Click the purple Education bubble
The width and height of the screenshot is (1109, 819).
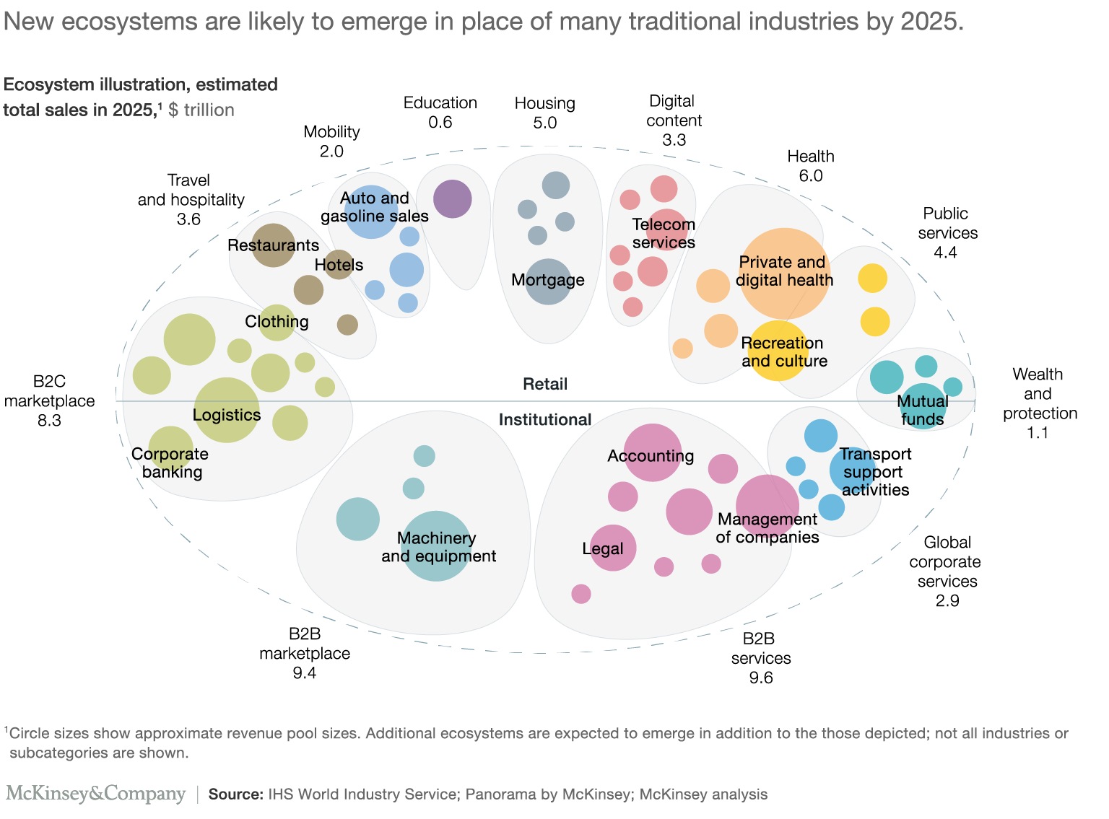point(453,198)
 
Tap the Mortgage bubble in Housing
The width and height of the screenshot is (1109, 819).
point(549,281)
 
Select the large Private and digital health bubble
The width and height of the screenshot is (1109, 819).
point(783,273)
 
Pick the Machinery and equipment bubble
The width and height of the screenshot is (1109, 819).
point(436,546)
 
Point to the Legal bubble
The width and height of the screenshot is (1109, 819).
point(613,548)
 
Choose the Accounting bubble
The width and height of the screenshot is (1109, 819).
point(653,452)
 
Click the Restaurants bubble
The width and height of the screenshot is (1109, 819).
point(273,245)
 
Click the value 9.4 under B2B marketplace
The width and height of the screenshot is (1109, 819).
point(305,673)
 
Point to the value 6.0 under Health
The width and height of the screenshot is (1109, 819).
point(811,175)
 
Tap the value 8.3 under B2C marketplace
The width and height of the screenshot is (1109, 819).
point(49,420)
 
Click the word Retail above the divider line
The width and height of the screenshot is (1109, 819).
point(545,384)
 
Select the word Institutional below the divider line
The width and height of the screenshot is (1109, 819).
point(545,419)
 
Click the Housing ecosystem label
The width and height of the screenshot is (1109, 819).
point(545,103)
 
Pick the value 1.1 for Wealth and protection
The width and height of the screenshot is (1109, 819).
point(1038,432)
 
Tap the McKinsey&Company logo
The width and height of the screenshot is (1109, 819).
point(96,794)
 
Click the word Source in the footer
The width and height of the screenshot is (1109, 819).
point(235,794)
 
